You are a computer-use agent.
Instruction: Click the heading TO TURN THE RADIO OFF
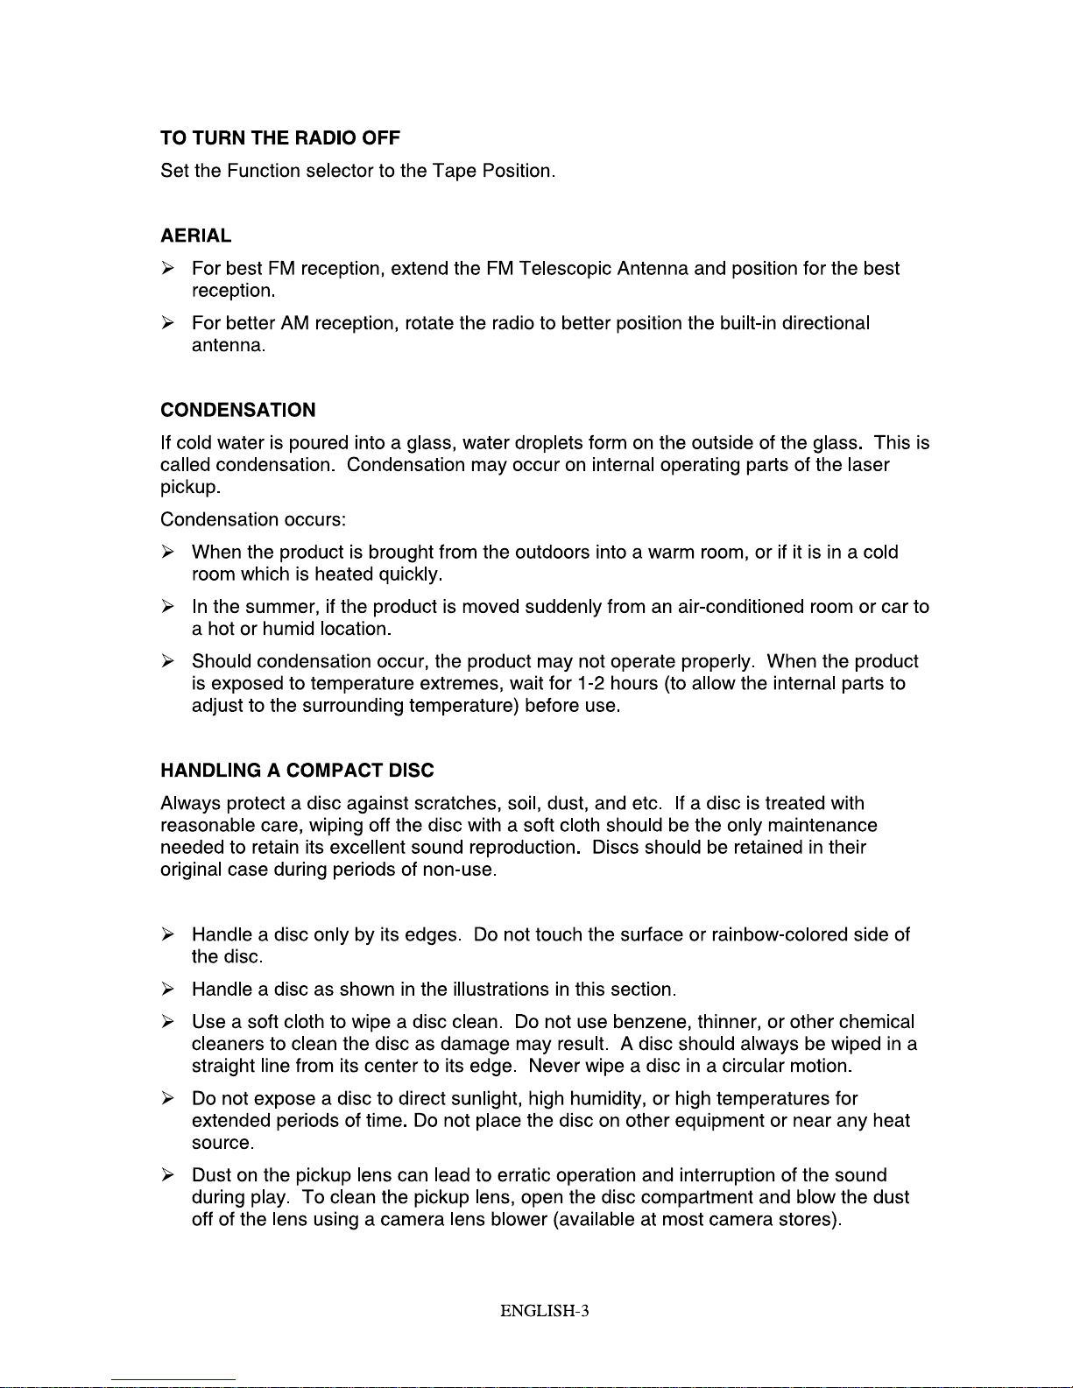coord(280,138)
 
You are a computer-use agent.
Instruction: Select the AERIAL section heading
coord(196,236)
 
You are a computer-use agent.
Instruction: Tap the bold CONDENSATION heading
coord(238,410)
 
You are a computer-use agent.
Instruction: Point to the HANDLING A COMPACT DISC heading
coord(297,771)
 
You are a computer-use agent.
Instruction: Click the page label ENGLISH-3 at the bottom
coord(545,1311)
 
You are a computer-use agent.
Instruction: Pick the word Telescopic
coord(565,269)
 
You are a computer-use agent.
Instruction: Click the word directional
coord(826,323)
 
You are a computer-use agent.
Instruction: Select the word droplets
coord(549,443)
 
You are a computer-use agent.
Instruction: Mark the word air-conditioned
coord(741,607)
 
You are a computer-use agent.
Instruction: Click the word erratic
coord(524,1175)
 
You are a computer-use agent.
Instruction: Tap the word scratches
coord(457,804)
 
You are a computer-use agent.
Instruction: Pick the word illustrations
coord(500,990)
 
